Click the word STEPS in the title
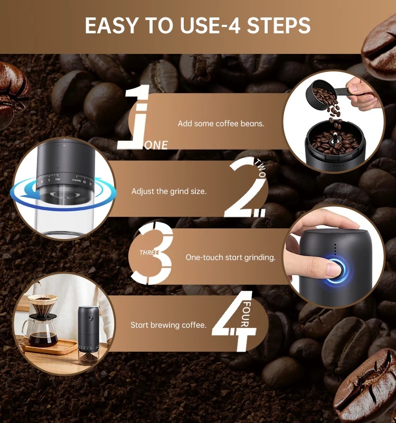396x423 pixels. [279, 25]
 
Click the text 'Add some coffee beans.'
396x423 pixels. [221, 124]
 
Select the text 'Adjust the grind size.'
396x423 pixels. [169, 191]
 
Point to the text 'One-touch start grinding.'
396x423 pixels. [231, 258]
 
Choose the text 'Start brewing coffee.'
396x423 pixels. [168, 325]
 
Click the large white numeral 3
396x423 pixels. [152, 253]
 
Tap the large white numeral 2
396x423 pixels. [244, 187]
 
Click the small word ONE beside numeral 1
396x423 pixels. [156, 145]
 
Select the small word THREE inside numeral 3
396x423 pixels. [149, 253]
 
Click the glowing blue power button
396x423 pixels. [336, 271]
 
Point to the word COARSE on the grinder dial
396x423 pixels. [77, 180]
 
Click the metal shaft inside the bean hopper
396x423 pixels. [335, 139]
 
